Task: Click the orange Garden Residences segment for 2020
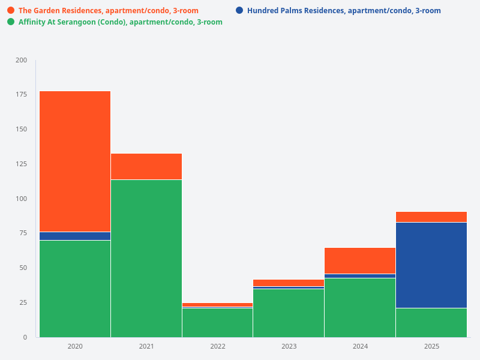pos(75,161)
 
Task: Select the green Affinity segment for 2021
pos(146,258)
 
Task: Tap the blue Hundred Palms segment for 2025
pos(431,265)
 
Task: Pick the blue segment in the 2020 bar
pos(75,236)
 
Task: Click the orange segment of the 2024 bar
pos(360,260)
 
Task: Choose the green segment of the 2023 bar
pos(289,313)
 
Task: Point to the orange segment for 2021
pos(146,166)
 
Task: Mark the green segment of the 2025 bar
pos(431,322)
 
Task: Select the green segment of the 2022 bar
pos(218,322)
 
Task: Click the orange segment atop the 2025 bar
pos(431,217)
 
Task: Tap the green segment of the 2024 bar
pos(360,307)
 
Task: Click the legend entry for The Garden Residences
pos(108,11)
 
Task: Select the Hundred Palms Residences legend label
pos(344,11)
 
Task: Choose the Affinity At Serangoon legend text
pos(120,22)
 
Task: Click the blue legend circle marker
pos(239,11)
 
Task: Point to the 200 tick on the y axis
pos(21,60)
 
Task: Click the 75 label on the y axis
pos(23,233)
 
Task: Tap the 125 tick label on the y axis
pos(21,164)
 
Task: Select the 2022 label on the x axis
pos(218,347)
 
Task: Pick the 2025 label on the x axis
pos(431,347)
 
